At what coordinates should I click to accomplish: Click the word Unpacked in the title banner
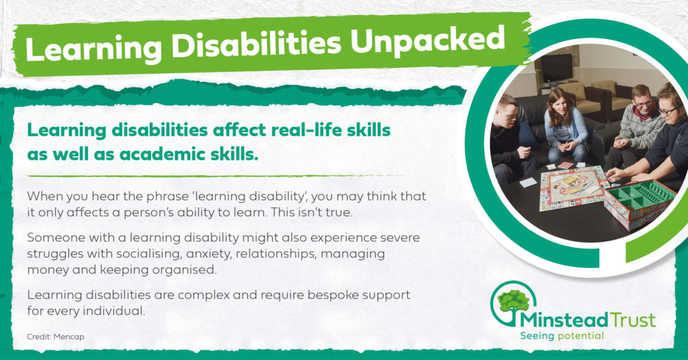pos(428,40)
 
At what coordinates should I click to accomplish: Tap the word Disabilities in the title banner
pos(256,44)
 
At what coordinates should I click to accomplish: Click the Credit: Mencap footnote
pos(55,336)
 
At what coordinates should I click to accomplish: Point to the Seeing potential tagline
pos(562,336)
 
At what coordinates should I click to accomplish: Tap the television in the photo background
pos(556,69)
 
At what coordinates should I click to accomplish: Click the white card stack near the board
pos(528,182)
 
